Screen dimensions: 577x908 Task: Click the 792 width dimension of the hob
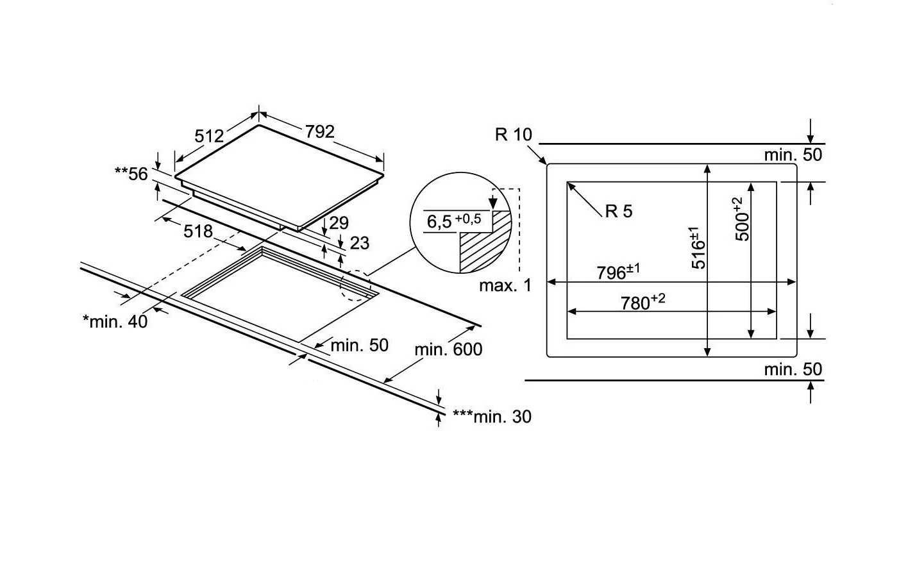[319, 131]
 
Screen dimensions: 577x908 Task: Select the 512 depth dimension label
[209, 136]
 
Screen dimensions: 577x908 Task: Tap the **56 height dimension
[131, 174]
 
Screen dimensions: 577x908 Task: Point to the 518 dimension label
[198, 231]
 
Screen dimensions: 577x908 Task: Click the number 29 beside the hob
[339, 223]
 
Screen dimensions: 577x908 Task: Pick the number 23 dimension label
[360, 243]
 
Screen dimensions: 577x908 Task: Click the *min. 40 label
[115, 321]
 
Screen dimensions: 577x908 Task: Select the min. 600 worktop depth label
[448, 349]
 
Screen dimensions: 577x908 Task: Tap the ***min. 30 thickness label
[492, 417]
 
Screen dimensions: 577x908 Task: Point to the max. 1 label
[505, 285]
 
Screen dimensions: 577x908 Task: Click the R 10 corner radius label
[514, 135]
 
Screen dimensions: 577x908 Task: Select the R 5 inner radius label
[619, 211]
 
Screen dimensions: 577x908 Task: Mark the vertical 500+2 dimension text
[742, 219]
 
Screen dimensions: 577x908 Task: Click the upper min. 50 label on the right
[793, 155]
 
